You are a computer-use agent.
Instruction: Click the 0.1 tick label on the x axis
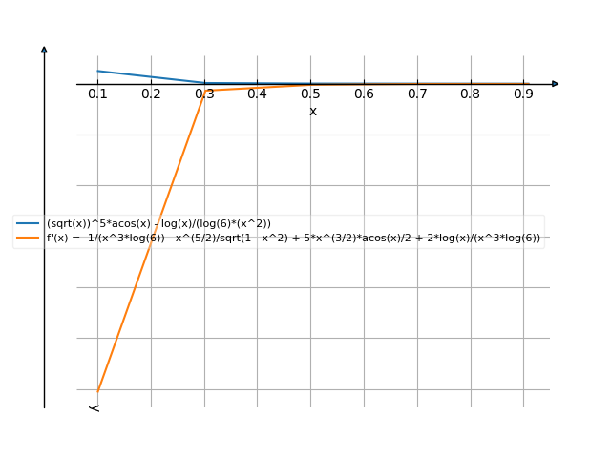[x=97, y=94]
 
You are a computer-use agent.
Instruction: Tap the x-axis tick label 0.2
[x=151, y=94]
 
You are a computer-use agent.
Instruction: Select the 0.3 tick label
[x=204, y=94]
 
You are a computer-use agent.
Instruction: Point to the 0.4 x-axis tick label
[x=257, y=94]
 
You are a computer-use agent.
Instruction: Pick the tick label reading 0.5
[x=310, y=94]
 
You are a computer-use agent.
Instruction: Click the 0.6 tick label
[x=364, y=94]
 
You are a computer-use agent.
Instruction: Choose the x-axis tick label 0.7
[x=416, y=94]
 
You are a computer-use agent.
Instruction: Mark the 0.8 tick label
[x=470, y=94]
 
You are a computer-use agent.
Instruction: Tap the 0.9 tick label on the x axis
[x=523, y=94]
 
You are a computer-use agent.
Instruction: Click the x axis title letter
[x=313, y=112]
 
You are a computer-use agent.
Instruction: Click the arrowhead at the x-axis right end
[x=555, y=84]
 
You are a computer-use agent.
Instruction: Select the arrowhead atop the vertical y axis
[x=44, y=49]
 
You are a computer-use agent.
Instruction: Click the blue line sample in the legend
[x=28, y=223]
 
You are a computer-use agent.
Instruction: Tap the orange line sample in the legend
[x=28, y=238]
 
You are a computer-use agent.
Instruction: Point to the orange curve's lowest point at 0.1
[x=97, y=389]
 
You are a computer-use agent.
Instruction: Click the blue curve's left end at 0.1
[x=97, y=71]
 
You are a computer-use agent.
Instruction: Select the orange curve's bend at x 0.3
[x=204, y=90]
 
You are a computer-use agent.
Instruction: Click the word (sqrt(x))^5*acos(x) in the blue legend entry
[x=95, y=223]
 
